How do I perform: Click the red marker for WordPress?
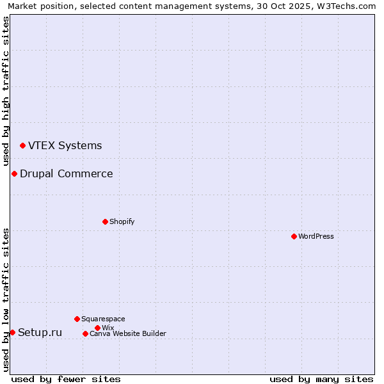coord(294,236)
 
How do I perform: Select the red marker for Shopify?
coord(105,221)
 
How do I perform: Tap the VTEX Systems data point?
coord(22,146)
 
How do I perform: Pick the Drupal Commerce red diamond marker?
coord(14,173)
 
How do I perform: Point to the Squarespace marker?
coord(77,319)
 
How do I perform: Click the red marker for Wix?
coord(97,328)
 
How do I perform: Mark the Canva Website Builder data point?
coord(85,333)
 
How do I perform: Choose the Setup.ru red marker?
coord(12,332)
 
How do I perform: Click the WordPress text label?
coord(316,236)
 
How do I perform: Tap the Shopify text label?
coord(122,221)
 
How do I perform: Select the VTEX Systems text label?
coord(65,145)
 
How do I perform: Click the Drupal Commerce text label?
coord(67,173)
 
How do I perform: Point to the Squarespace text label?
coord(103,319)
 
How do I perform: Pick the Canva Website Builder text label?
coord(128,333)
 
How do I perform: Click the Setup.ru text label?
coord(40,332)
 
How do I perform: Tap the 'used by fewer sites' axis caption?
coord(66,379)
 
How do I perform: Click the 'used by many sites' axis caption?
coord(321,379)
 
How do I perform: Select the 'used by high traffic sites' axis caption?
coord(6,91)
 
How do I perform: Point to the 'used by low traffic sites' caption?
coord(6,300)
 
